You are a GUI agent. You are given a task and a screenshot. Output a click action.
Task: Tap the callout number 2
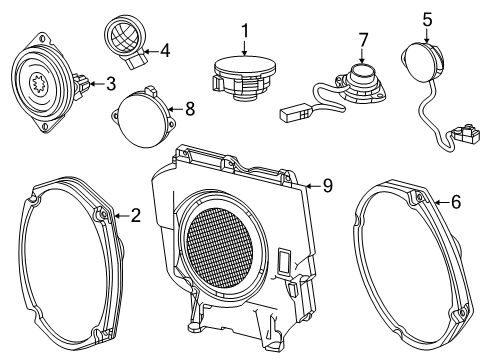(135, 213)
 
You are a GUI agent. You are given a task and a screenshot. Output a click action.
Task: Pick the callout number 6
(455, 201)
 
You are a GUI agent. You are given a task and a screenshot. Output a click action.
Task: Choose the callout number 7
(363, 39)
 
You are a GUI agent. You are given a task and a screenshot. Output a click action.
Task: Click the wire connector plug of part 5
(461, 130)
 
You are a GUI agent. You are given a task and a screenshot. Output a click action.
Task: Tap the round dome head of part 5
(420, 58)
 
